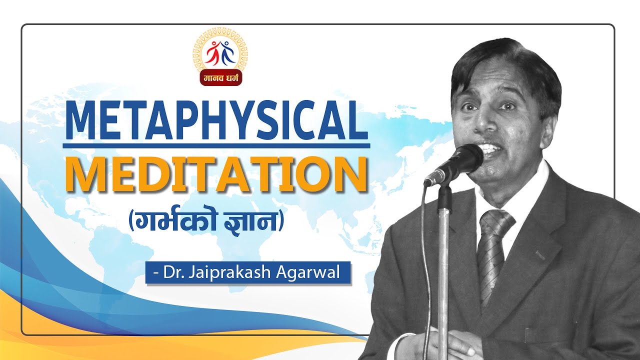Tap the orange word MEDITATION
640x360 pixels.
[216, 173]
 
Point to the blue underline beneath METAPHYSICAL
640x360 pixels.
[216, 145]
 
